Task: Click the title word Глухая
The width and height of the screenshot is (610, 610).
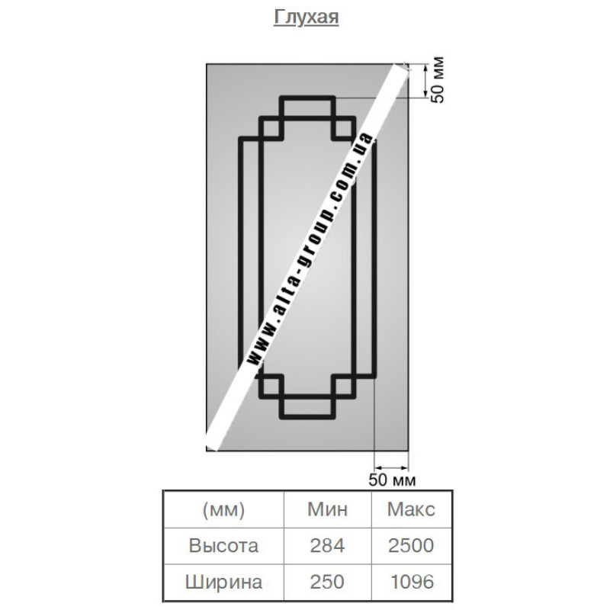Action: [x=306, y=18]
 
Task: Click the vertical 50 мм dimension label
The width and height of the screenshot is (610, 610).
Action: [x=438, y=80]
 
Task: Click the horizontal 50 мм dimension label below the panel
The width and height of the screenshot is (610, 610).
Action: [x=392, y=480]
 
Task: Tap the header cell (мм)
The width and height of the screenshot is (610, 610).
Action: [x=223, y=509]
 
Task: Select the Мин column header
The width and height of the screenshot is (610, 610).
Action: [x=327, y=509]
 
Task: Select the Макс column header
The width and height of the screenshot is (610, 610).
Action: [x=411, y=509]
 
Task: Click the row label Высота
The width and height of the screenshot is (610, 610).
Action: [x=223, y=545]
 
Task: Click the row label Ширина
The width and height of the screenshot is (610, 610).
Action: [x=223, y=582]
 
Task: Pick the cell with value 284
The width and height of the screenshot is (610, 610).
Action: [x=327, y=545]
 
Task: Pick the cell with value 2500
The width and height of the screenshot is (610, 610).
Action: [x=411, y=545]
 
